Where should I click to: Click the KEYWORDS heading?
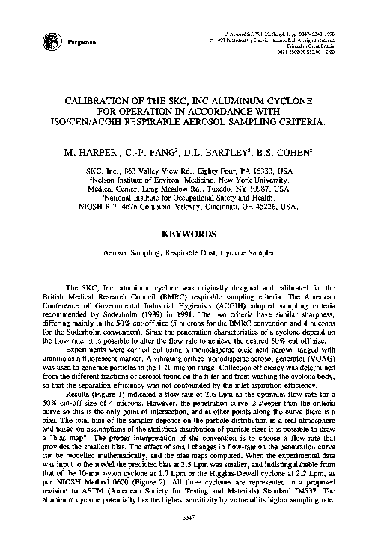click(x=191, y=233)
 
